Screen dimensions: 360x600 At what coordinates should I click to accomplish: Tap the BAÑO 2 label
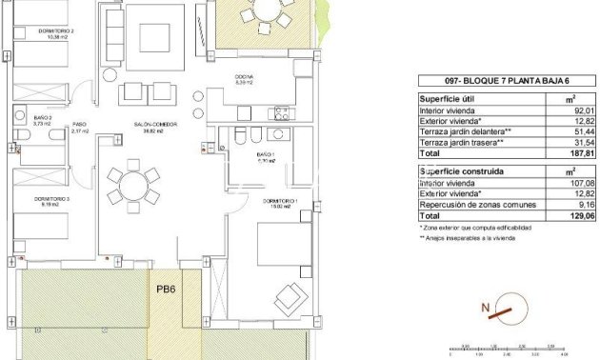pos(41,119)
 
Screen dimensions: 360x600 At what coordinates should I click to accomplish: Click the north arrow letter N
pos(485,308)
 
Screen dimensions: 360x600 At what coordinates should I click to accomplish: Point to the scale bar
pos(510,350)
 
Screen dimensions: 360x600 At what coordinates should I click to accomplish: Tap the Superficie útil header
pos(449,98)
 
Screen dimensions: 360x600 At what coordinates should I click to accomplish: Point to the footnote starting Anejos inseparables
pos(468,238)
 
